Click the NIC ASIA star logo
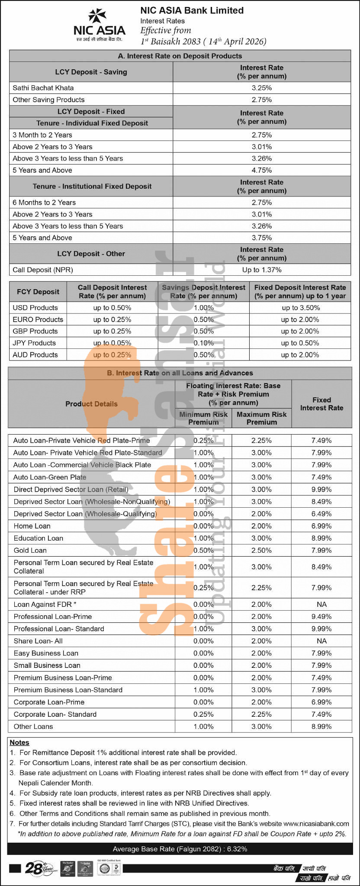(x=97, y=16)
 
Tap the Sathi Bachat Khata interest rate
(x=261, y=88)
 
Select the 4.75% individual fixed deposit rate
(x=261, y=170)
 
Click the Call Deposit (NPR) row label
(x=43, y=270)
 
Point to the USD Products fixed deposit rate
(x=300, y=308)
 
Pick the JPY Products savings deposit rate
(x=203, y=343)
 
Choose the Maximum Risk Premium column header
(x=261, y=418)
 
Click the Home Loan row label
(x=32, y=526)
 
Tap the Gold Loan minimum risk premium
(x=203, y=550)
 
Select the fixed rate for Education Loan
(x=321, y=538)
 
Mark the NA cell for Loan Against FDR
(x=321, y=604)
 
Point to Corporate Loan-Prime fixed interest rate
(x=321, y=702)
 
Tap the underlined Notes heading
(x=19, y=742)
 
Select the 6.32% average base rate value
(x=237, y=849)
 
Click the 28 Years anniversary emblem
(x=39, y=868)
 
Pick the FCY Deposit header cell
(x=38, y=292)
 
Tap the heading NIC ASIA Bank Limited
(x=192, y=10)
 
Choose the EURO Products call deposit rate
(x=112, y=319)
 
